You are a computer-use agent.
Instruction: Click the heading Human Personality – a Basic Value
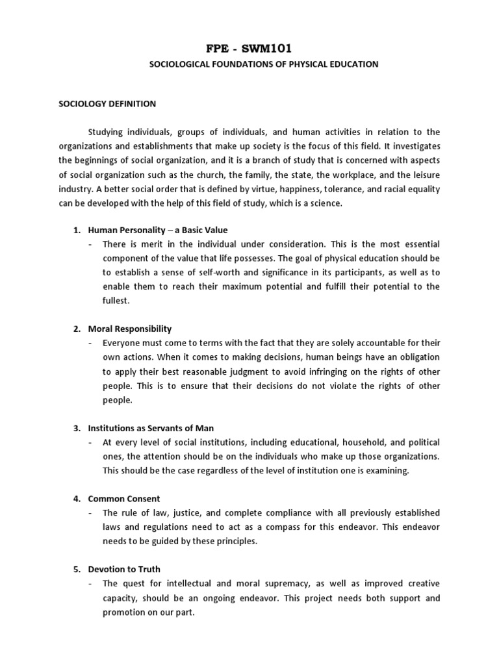[157, 230]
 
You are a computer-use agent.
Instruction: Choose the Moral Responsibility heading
[129, 329]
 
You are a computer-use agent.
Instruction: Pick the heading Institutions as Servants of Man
[151, 428]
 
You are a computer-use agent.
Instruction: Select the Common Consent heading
[123, 498]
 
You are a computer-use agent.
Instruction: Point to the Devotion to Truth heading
[125, 569]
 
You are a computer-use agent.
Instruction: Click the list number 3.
[75, 428]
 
